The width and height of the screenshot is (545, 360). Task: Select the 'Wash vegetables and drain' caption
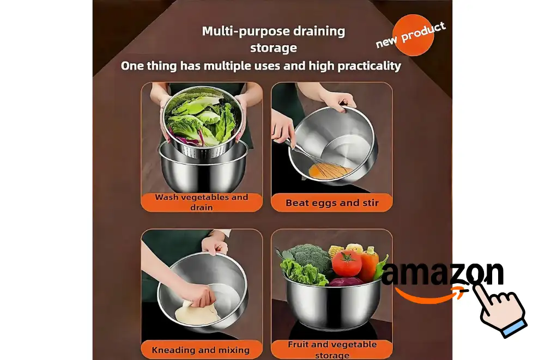202,202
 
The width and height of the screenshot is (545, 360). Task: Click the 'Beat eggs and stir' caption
332,203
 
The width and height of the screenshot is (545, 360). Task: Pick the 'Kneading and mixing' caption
201,350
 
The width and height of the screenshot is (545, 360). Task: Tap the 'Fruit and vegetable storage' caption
332,349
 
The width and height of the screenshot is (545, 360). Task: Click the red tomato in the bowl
347,263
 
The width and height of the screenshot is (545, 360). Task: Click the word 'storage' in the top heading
274,48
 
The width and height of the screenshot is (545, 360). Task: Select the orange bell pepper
369,264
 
